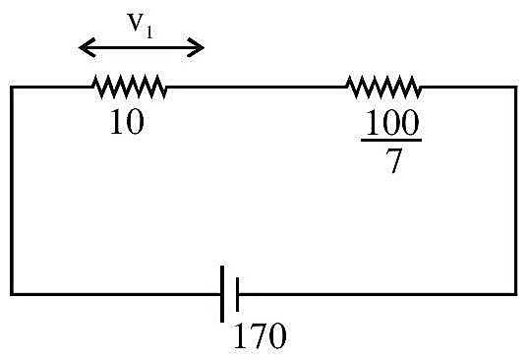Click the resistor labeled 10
(130, 87)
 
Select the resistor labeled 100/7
(384, 87)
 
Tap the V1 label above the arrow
(140, 26)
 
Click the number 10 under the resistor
(127, 122)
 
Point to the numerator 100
(392, 122)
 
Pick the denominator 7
(393, 160)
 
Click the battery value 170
(260, 335)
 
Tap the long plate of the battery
(222, 294)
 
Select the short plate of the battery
(237, 294)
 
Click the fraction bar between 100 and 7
(391, 140)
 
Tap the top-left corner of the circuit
(12, 87)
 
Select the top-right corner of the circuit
(515, 87)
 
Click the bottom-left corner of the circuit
(12, 294)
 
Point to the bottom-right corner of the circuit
(515, 294)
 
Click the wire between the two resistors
(257, 87)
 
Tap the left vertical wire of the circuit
(12, 191)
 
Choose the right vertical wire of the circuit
(515, 191)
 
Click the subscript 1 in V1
(149, 32)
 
